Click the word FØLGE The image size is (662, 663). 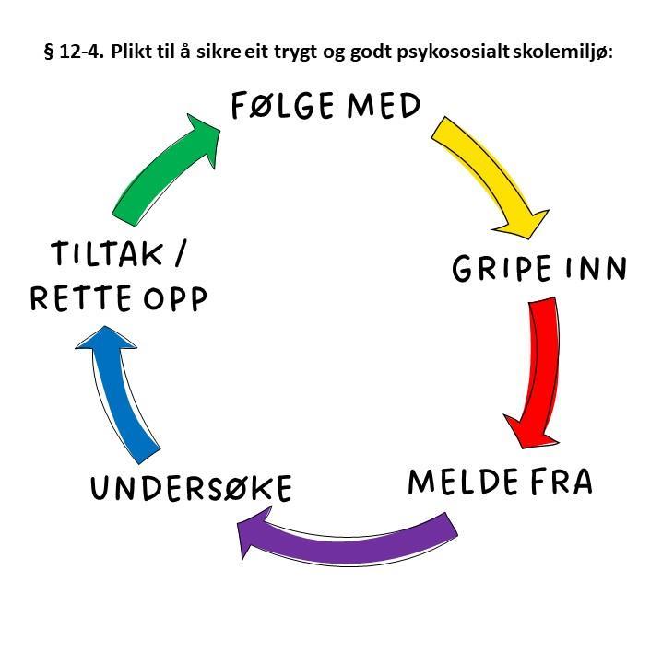(x=282, y=106)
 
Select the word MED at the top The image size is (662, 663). (x=384, y=106)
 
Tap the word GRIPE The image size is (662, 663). (x=502, y=269)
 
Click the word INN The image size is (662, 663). (x=596, y=268)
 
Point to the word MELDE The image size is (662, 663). (x=463, y=482)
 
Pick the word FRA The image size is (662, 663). (x=562, y=482)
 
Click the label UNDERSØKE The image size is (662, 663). (x=192, y=488)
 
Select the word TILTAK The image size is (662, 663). (x=107, y=253)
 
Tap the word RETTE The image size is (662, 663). (x=80, y=298)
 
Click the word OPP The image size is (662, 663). (x=175, y=298)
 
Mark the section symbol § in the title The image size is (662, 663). (x=49, y=52)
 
